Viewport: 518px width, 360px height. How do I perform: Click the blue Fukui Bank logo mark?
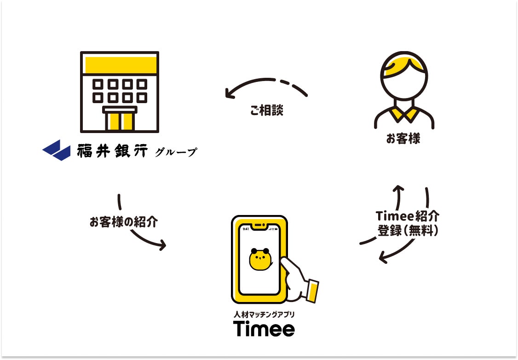tap(56, 150)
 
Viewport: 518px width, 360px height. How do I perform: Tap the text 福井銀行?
tap(112, 151)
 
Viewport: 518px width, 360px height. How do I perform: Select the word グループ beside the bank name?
tap(176, 152)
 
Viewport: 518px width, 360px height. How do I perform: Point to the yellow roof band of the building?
tap(120, 64)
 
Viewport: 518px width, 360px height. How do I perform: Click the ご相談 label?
tap(266, 110)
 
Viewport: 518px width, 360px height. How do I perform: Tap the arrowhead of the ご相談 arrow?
tap(229, 93)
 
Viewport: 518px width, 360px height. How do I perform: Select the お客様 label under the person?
tap(403, 139)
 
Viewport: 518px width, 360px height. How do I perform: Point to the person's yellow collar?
tap(404, 114)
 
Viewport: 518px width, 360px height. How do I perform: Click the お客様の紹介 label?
tap(123, 222)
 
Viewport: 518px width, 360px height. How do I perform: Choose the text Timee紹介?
tap(407, 216)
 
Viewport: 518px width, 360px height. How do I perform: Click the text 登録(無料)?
tap(408, 231)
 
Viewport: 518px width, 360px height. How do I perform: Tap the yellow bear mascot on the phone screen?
tap(260, 260)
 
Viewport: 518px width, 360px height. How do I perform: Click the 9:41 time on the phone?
tap(246, 229)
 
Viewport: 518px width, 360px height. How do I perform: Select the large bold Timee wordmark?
tap(264, 329)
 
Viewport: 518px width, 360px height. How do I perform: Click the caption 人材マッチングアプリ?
tap(264, 315)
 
